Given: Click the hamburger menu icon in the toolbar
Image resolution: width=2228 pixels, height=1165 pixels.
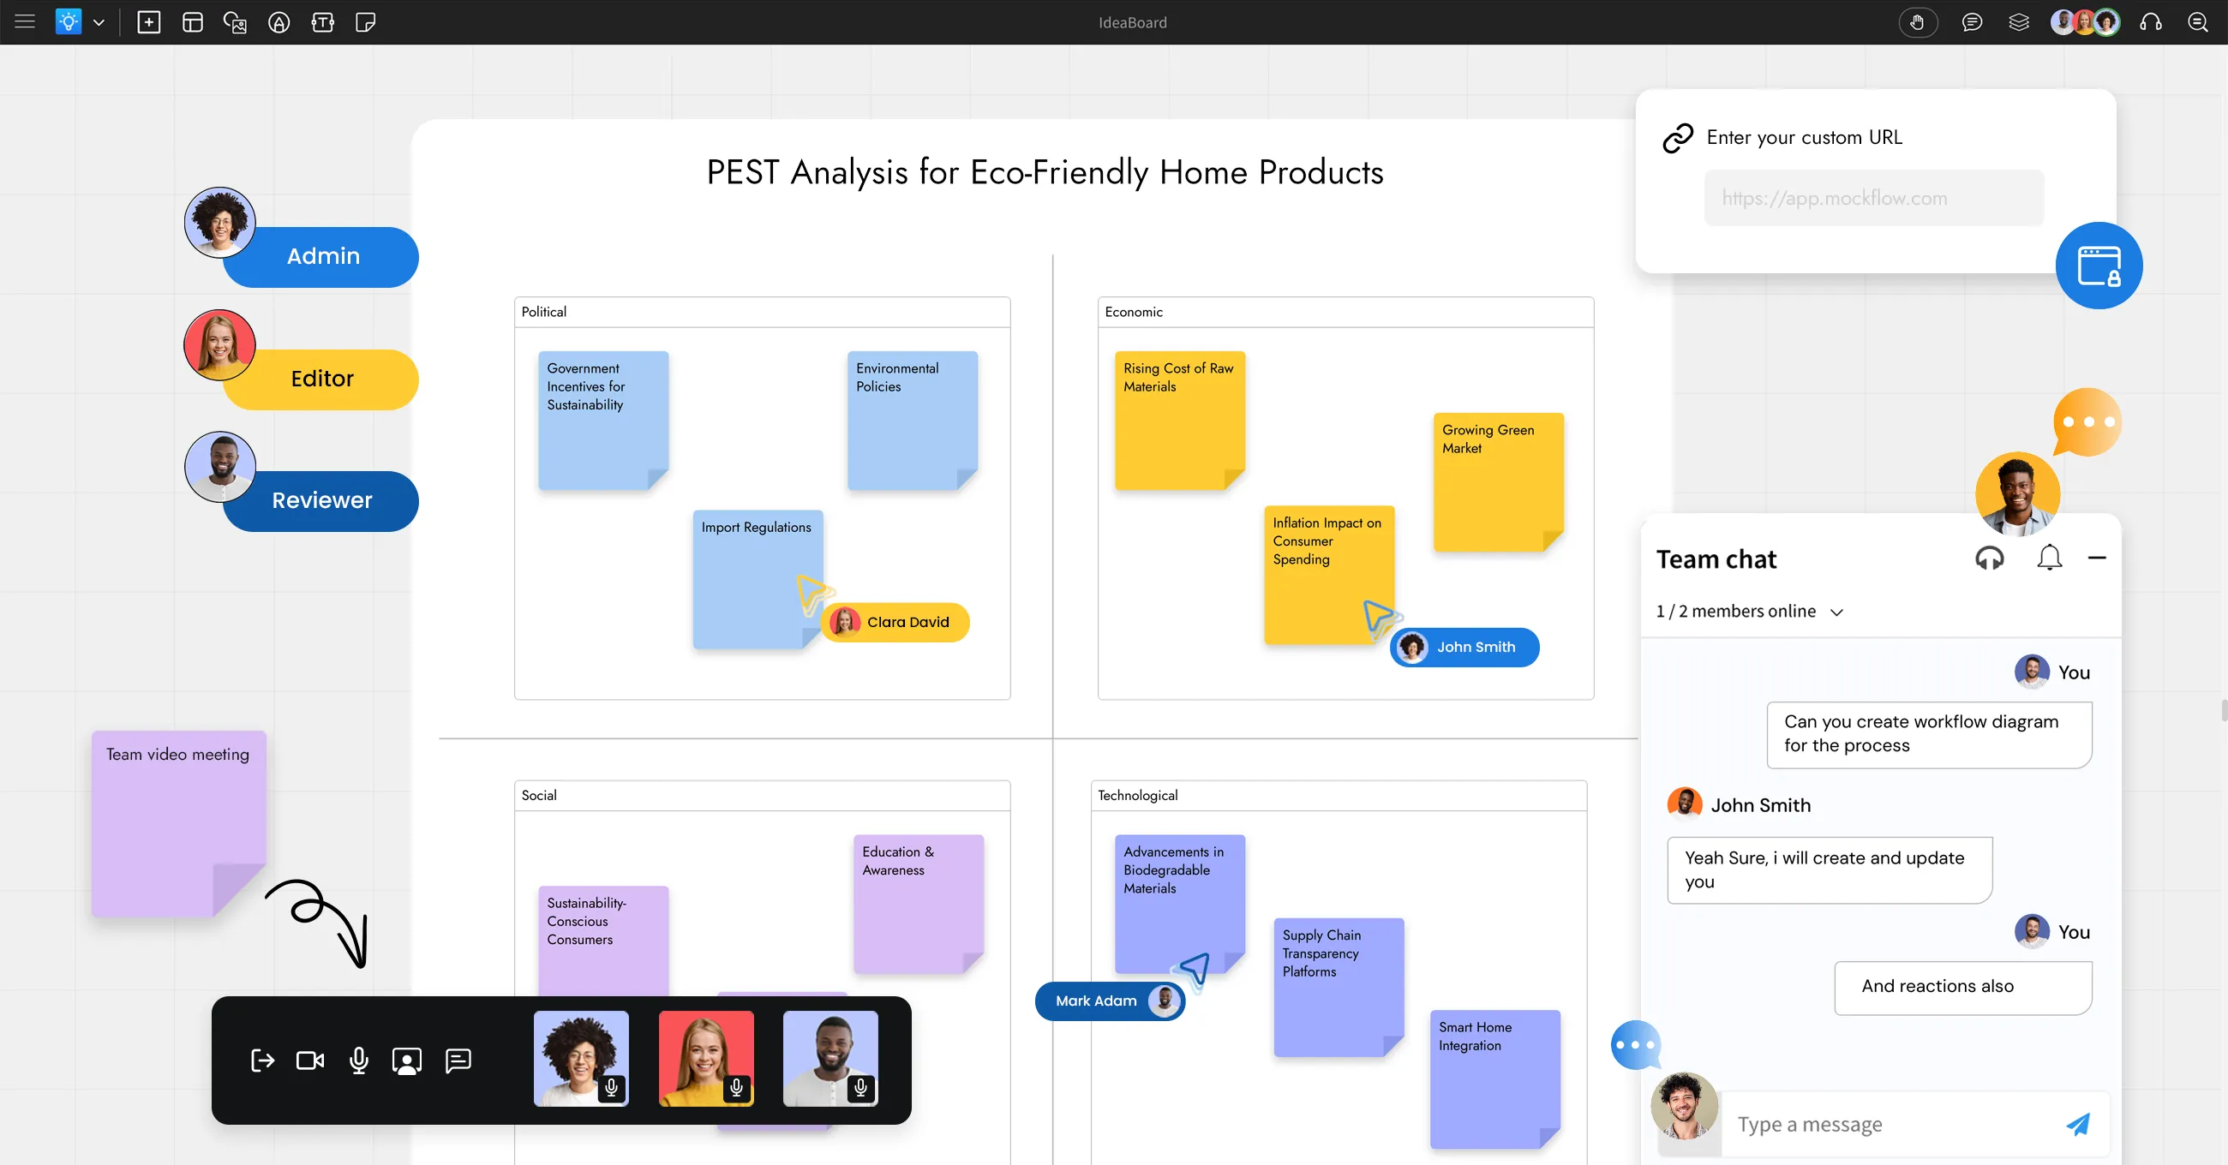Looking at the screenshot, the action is (x=25, y=21).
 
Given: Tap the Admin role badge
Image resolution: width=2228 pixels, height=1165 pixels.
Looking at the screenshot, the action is (x=320, y=257).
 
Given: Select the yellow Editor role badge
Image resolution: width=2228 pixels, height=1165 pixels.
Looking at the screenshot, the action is (x=320, y=379).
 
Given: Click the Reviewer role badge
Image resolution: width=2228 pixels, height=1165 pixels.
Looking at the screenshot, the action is (x=320, y=501).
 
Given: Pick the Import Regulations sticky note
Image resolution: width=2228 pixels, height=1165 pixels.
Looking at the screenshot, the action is (x=757, y=578).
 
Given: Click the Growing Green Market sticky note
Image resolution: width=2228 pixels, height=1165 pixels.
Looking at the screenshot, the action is (x=1498, y=481).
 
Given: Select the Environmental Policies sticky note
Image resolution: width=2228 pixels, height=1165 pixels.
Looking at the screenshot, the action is (x=913, y=421).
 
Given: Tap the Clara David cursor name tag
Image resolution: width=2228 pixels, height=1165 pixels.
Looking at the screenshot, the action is (x=895, y=622).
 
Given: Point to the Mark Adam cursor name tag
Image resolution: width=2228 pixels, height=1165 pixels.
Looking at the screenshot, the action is (x=1110, y=1001).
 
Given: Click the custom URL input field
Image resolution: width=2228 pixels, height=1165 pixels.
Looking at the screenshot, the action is (x=1873, y=198).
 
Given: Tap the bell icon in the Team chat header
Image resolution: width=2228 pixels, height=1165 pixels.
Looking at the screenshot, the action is (x=2049, y=558).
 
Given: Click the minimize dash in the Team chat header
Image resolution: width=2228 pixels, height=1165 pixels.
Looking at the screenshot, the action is (x=2097, y=558).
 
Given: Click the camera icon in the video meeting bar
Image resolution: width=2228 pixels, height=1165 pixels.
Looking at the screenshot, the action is (x=309, y=1060).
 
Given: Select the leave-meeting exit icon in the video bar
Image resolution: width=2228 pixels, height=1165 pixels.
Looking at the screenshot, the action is (x=262, y=1060).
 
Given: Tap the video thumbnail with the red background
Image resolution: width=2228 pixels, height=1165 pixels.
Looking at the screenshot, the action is (x=706, y=1059).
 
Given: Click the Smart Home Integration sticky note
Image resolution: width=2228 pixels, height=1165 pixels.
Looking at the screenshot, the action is (x=1494, y=1079).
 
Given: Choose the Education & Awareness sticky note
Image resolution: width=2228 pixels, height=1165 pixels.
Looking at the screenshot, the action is (x=919, y=904).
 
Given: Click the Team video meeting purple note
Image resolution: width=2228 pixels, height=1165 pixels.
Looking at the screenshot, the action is (x=179, y=823).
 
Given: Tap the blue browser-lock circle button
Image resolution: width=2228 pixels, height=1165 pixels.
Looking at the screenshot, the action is (x=2099, y=266).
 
